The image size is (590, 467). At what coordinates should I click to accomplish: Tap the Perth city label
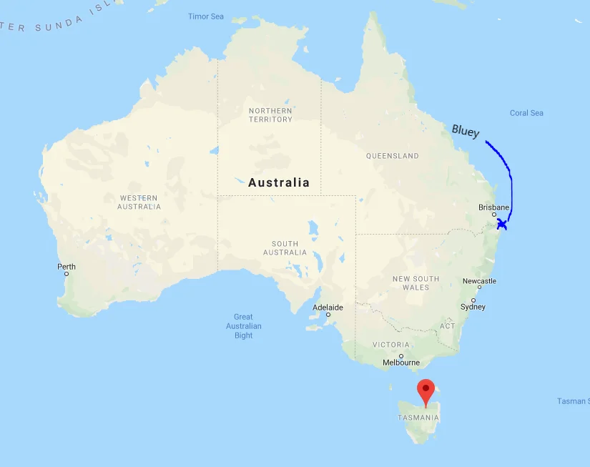(x=67, y=267)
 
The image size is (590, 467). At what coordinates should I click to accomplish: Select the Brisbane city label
(x=494, y=207)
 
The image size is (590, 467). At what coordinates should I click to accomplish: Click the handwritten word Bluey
(x=466, y=131)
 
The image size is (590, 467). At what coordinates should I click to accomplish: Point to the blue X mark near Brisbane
(x=502, y=225)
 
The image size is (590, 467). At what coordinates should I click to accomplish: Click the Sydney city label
(x=473, y=307)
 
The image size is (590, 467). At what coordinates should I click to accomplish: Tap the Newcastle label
(x=479, y=281)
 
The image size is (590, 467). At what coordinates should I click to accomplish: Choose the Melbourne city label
(x=401, y=363)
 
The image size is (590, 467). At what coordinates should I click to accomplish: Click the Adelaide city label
(x=328, y=308)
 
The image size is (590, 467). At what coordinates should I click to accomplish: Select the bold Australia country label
(x=279, y=182)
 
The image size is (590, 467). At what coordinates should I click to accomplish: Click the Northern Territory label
(x=270, y=115)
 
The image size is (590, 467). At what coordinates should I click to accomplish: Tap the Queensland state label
(x=392, y=156)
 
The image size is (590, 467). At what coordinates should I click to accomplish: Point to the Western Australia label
(x=139, y=202)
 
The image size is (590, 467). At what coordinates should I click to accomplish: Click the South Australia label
(x=285, y=247)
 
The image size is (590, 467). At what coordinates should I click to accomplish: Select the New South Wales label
(x=416, y=282)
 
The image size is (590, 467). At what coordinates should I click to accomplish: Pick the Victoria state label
(x=391, y=345)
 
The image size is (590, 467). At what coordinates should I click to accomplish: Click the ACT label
(x=447, y=326)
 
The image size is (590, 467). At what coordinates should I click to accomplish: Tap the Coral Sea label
(x=526, y=113)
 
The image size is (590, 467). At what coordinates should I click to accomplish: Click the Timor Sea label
(x=206, y=16)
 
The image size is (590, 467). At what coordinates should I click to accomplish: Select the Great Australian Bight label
(x=243, y=326)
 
